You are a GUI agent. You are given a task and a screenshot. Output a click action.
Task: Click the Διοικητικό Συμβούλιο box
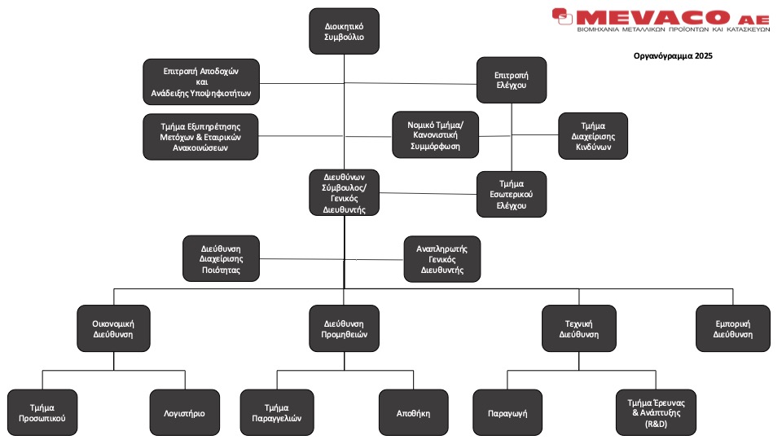[x=344, y=31]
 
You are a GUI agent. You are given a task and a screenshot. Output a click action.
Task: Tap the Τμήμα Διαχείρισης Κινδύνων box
[x=593, y=136]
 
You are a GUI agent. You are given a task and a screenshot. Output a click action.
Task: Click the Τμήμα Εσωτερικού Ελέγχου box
[x=512, y=194]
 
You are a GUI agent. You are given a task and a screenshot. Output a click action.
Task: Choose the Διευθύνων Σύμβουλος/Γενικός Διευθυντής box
[x=344, y=192]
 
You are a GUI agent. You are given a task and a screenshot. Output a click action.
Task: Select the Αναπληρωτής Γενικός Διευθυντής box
[x=442, y=258]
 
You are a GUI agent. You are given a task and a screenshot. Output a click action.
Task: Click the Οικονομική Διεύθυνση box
[x=112, y=328]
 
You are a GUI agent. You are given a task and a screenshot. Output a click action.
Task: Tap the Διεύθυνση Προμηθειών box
[x=344, y=328]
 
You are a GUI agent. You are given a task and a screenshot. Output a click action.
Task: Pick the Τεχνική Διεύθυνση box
[x=578, y=328]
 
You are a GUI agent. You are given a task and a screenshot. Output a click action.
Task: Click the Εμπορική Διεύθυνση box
[x=732, y=328]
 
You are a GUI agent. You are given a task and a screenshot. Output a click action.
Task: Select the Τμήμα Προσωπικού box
[x=42, y=412]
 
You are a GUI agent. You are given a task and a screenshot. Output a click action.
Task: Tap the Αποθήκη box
[x=415, y=412]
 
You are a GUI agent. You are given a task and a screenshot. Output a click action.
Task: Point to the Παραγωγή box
[x=507, y=412]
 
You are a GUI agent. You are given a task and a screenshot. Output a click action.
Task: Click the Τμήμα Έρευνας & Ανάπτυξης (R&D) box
[x=649, y=412]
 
